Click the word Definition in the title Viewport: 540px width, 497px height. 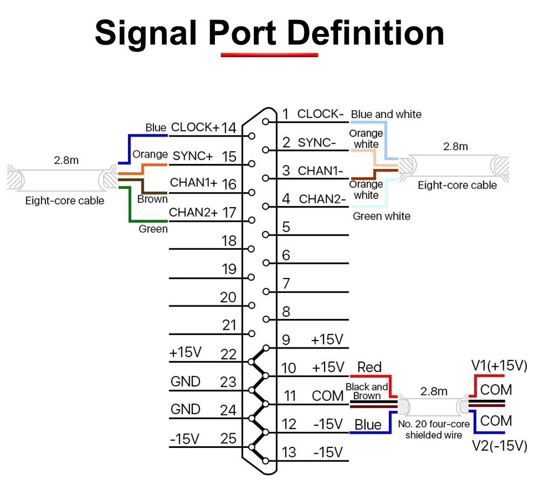coord(365,33)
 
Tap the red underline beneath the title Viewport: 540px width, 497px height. coord(269,55)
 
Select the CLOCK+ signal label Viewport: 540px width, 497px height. coord(195,127)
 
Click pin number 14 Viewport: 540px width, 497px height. coord(228,128)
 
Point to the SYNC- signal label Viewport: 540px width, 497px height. coord(316,142)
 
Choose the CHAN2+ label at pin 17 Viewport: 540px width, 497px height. coord(193,213)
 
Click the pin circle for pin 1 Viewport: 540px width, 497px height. coord(265,121)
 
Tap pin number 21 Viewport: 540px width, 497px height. coord(229,325)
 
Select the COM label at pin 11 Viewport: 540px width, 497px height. coord(328,396)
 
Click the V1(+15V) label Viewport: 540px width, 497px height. coord(499,365)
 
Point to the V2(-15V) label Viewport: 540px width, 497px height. coord(500,446)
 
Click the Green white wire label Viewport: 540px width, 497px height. coord(382,216)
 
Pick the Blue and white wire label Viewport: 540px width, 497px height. coord(386,114)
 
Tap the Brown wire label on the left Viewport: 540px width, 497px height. coord(152,199)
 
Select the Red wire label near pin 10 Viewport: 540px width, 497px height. coord(369,367)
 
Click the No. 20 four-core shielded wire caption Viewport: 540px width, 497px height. coord(434,430)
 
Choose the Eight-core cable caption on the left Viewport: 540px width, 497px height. coord(65,201)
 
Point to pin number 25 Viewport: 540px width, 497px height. coord(228,439)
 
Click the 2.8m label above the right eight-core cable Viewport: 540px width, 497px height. coord(455,147)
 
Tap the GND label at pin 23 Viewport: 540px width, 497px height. coord(185,382)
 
